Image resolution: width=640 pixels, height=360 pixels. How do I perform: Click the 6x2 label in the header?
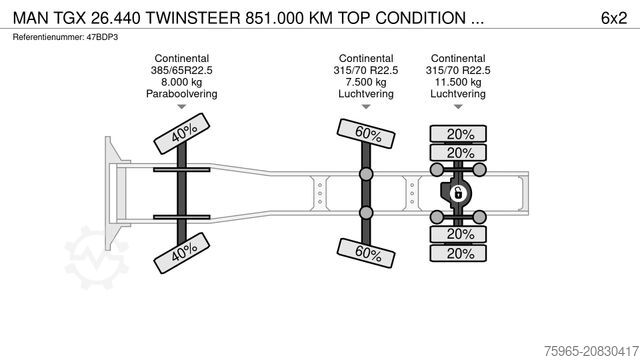click(614, 18)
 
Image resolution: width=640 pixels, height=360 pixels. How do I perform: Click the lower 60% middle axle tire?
click(367, 253)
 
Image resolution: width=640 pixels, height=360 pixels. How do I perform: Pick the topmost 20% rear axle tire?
click(460, 134)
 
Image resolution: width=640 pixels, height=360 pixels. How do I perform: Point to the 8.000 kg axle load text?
click(182, 82)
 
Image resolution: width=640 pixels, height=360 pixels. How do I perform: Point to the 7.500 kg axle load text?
click(366, 82)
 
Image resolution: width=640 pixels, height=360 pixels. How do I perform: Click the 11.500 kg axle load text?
click(459, 82)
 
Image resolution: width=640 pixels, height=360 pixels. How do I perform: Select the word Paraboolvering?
click(182, 94)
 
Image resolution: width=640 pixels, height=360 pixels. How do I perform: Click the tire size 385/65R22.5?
click(182, 70)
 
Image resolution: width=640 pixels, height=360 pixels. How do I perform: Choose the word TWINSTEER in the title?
click(190, 18)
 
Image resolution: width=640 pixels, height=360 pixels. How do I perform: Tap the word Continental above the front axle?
click(182, 58)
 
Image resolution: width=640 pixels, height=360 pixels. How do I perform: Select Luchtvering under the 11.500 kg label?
click(459, 94)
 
